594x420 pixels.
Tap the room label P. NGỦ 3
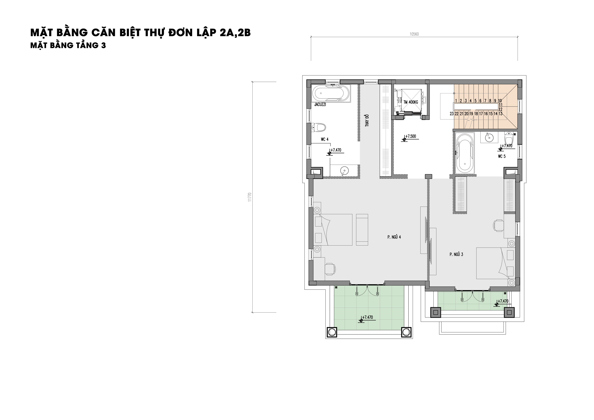coord(456,254)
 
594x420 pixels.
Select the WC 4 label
coord(325,139)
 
